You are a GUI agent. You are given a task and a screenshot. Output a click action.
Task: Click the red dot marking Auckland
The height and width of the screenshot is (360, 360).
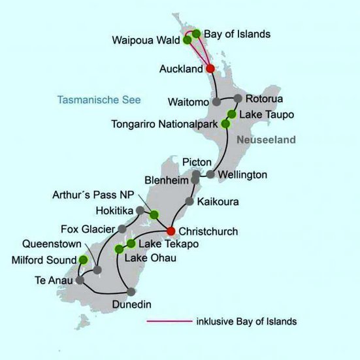click(210, 69)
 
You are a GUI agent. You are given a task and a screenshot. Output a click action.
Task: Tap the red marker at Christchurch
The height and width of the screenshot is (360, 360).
click(171, 231)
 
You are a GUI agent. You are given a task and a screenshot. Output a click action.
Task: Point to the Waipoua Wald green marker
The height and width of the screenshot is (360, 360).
click(188, 40)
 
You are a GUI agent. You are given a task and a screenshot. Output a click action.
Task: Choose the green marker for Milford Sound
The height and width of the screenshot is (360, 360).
click(83, 259)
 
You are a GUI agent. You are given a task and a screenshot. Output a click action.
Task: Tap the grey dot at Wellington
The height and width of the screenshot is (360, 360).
click(210, 174)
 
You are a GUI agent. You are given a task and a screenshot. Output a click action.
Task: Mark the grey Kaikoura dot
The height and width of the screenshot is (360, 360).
click(190, 201)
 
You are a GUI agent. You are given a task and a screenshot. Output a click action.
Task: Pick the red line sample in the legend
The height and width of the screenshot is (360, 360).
click(168, 321)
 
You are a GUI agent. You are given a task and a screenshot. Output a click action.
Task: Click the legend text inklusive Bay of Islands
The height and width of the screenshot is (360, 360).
click(246, 321)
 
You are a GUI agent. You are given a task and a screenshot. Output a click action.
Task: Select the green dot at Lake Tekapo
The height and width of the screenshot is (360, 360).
click(131, 244)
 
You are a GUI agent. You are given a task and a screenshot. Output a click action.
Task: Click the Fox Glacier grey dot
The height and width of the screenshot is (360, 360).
click(122, 229)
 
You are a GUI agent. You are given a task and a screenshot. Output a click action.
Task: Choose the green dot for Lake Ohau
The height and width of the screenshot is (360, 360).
click(119, 249)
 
